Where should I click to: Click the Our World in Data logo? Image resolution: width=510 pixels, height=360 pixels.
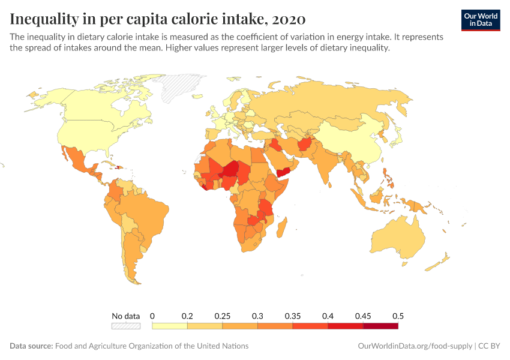(480, 20)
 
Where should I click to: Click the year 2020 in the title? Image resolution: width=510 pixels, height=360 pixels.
(289, 19)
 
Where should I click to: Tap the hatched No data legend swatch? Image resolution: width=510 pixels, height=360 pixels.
(125, 326)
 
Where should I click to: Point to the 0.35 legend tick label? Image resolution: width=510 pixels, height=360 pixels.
(293, 316)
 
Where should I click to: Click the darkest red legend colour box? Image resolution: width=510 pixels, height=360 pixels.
(380, 326)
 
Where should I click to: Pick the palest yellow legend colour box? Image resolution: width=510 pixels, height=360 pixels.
(170, 326)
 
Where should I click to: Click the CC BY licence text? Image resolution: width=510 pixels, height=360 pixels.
(490, 346)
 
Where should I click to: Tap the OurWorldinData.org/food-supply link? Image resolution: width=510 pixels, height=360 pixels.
(414, 346)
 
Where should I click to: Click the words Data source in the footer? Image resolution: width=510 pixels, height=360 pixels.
(31, 346)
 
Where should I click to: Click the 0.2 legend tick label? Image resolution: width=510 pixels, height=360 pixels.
(187, 316)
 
